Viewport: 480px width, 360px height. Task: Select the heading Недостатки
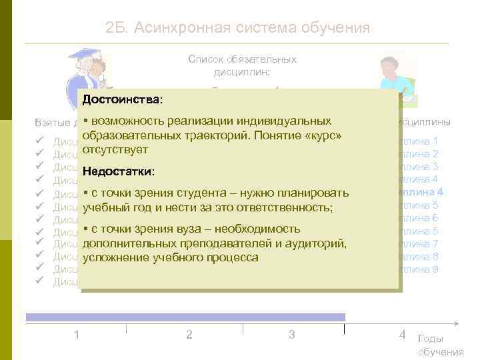[x=117, y=172]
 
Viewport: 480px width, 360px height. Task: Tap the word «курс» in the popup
[x=321, y=136]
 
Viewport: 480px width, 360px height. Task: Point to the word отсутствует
[x=115, y=149]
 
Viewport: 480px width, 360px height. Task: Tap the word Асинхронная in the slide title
[x=187, y=28]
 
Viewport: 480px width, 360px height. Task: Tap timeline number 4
[x=402, y=334]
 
